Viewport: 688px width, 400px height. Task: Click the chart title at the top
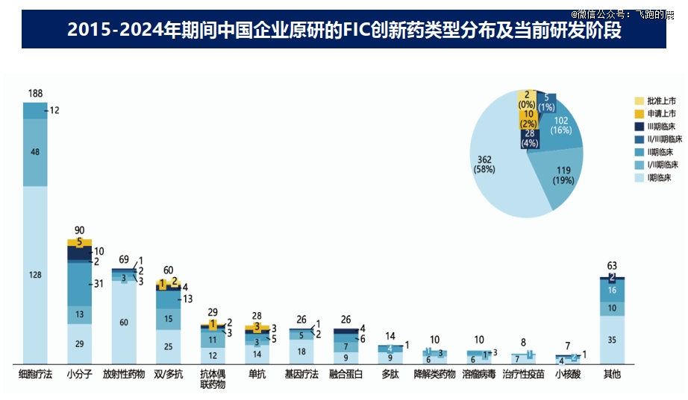344,30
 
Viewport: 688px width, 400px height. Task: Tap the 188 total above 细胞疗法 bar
35,94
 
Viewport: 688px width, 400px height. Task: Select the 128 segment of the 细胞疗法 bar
35,275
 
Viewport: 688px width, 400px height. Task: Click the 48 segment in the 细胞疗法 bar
35,152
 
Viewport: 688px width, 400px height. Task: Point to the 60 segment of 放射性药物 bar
124,323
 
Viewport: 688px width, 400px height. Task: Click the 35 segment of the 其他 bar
612,339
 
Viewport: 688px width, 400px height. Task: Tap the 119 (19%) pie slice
563,176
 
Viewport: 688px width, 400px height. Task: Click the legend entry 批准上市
661,101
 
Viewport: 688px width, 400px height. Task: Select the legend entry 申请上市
661,113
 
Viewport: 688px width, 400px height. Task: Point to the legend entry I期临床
661,177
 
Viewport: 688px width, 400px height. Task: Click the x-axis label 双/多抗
168,375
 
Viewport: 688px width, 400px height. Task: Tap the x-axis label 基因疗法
301,375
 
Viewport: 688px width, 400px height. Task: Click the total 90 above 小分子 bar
79,230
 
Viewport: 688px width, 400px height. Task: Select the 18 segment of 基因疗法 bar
301,352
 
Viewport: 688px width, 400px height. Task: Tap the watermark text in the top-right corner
622,13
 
